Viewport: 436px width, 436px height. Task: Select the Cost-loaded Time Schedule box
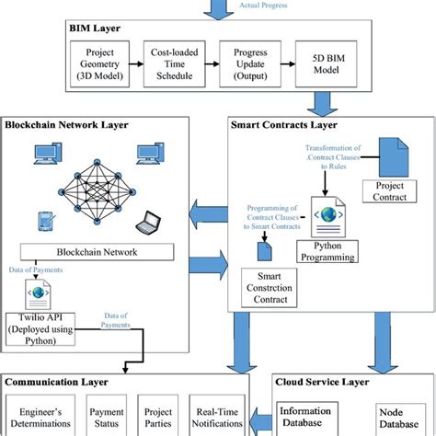(173, 65)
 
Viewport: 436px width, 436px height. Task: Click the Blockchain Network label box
(98, 250)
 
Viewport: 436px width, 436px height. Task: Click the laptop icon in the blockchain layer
(146, 221)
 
